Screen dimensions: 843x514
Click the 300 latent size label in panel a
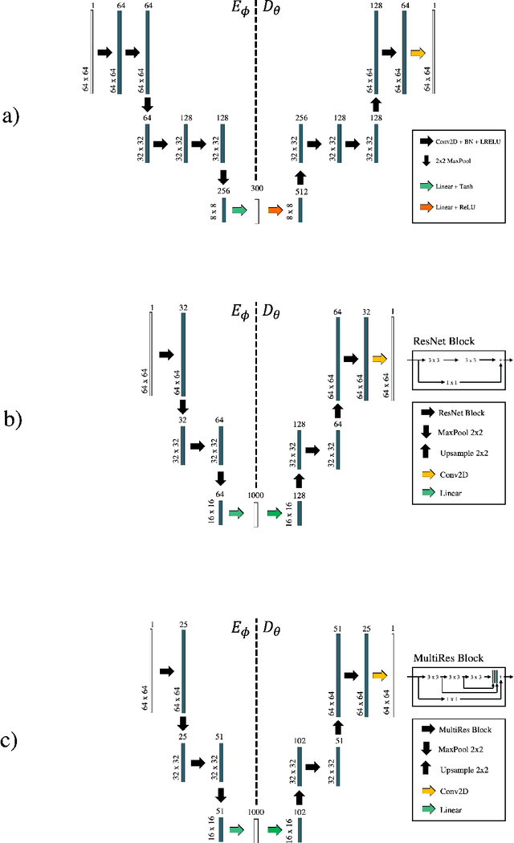[256, 188]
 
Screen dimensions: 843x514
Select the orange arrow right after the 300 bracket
[275, 210]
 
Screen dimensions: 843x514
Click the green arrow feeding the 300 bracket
[239, 210]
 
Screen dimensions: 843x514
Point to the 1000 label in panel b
[256, 495]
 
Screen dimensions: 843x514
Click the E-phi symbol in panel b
[240, 312]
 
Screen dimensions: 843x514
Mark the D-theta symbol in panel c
[274, 628]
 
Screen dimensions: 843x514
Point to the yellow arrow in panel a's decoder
[418, 53]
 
